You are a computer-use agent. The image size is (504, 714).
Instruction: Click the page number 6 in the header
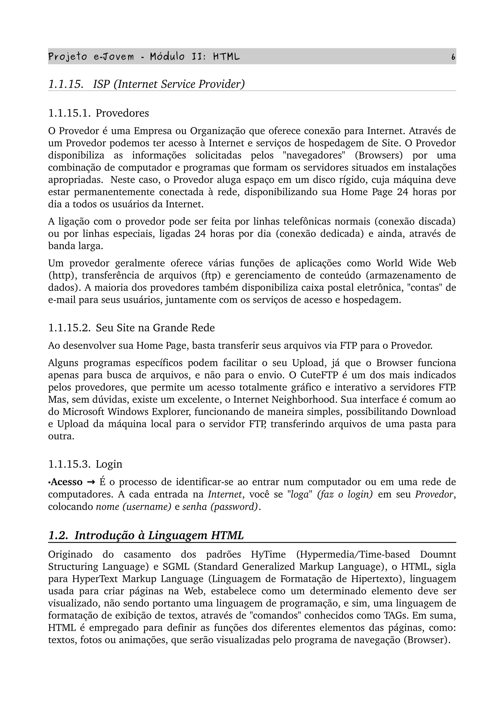pos(453,57)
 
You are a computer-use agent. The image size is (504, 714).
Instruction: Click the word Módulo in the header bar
pos(167,57)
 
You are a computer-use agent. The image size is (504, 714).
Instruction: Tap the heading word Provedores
pos(122,113)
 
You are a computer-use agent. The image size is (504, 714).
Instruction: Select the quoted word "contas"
pos(424,288)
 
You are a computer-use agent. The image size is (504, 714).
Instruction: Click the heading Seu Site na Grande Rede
pos(155,328)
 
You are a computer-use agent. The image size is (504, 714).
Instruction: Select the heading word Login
pos(109,464)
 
